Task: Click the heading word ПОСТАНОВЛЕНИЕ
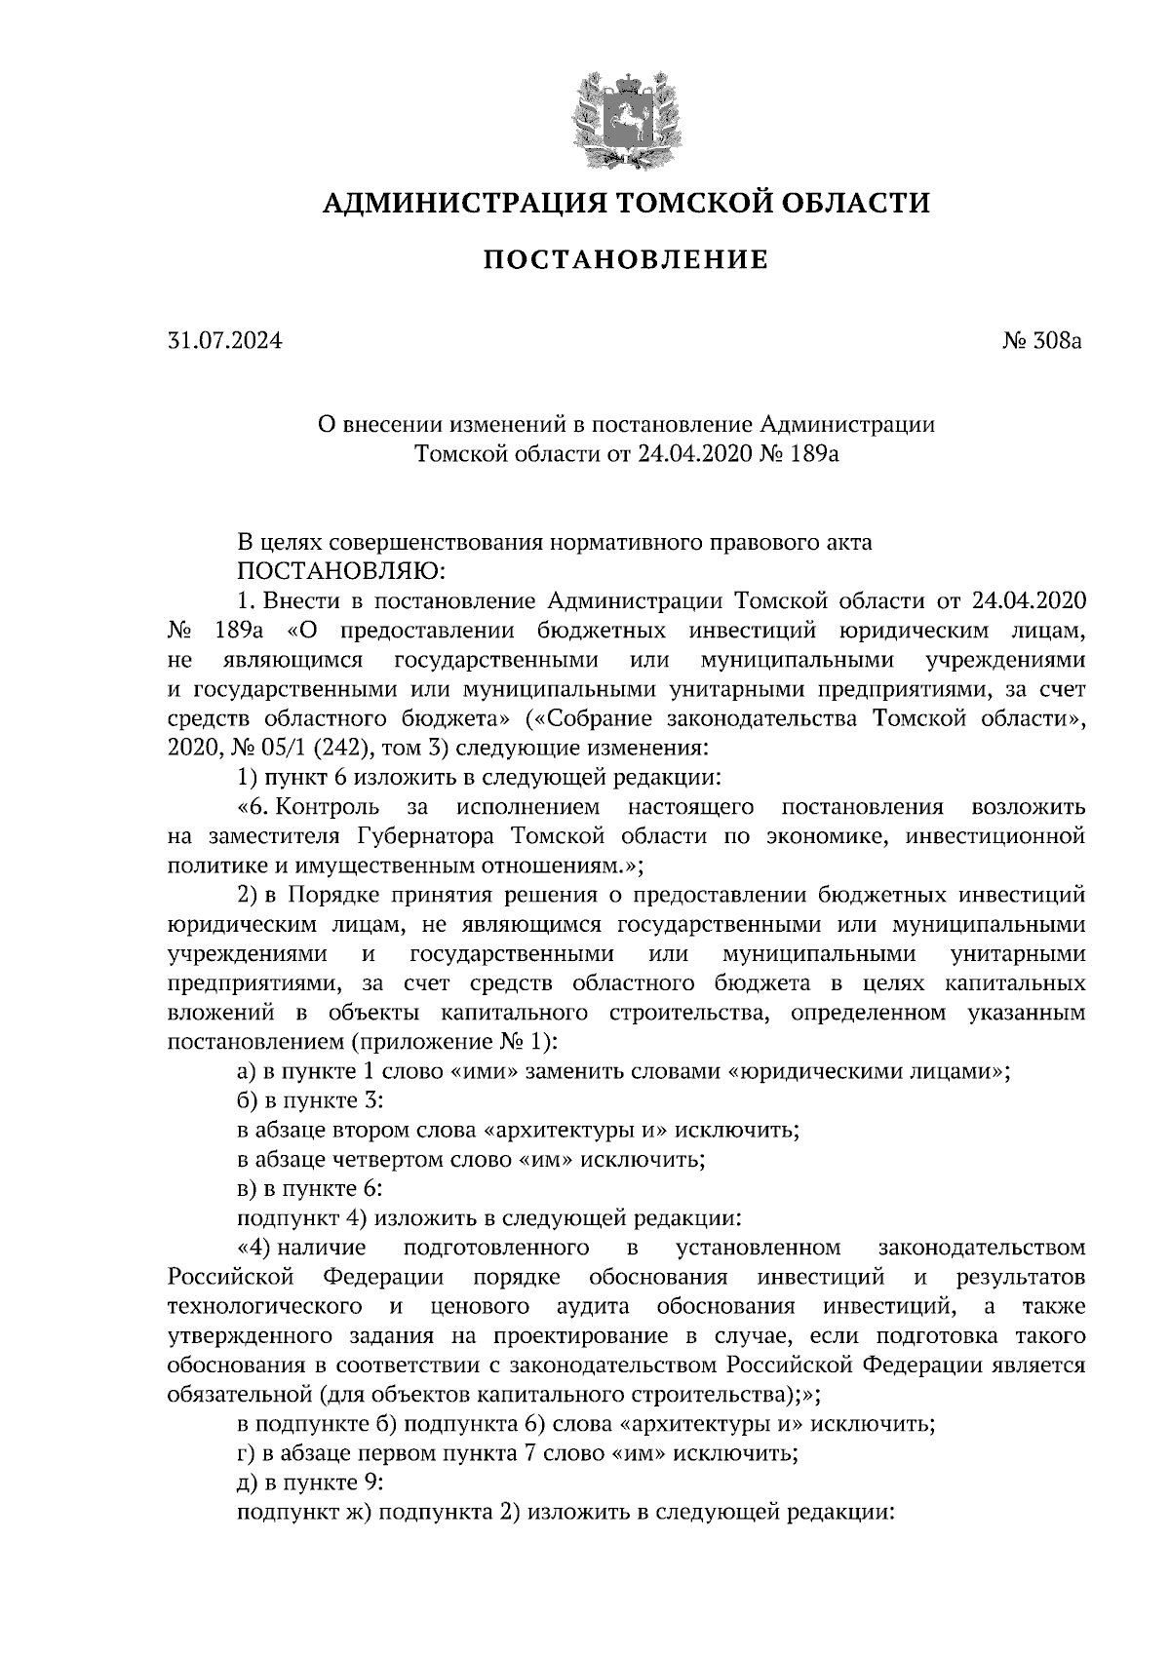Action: [626, 260]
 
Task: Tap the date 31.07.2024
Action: [224, 342]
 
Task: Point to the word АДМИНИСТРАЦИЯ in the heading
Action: [451, 203]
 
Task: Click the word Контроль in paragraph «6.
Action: [331, 807]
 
